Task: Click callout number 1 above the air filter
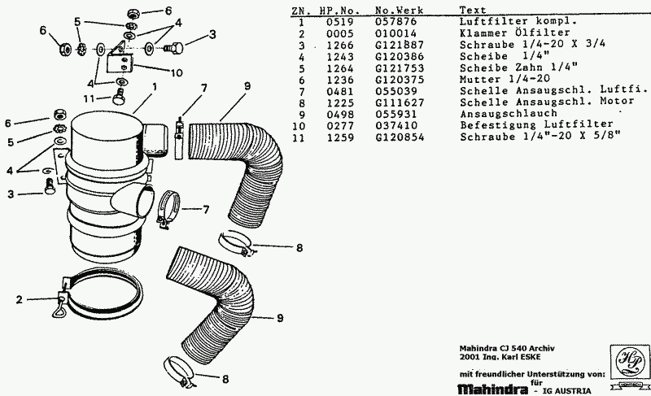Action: (x=152, y=86)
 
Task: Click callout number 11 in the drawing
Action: (x=94, y=98)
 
